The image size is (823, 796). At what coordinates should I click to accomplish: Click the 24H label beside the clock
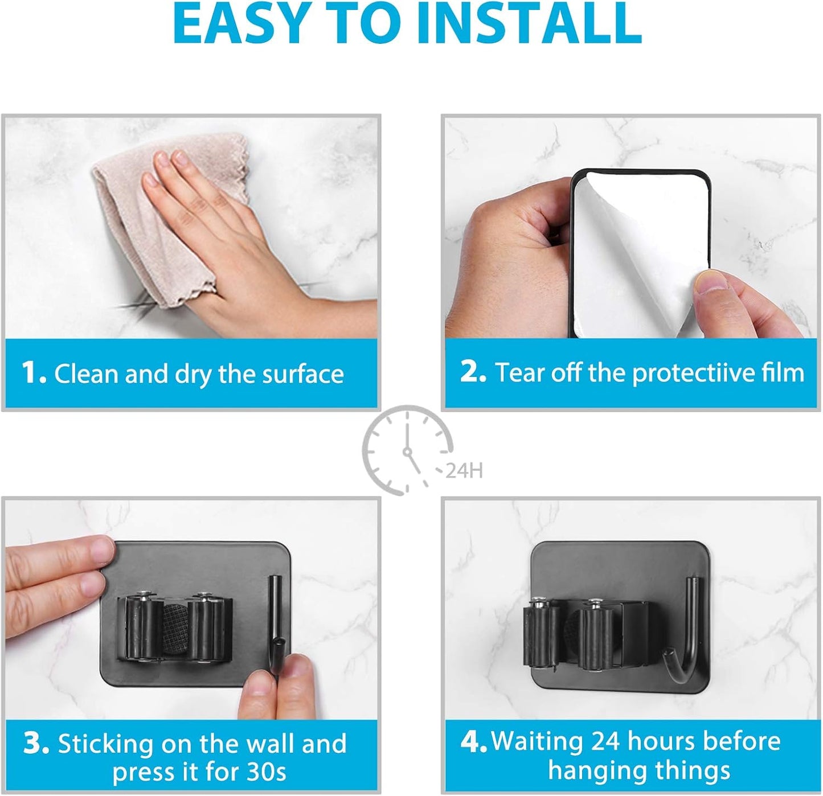click(464, 471)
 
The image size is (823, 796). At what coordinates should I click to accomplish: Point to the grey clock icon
click(407, 450)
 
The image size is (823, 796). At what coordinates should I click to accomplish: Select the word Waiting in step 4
click(537, 741)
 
